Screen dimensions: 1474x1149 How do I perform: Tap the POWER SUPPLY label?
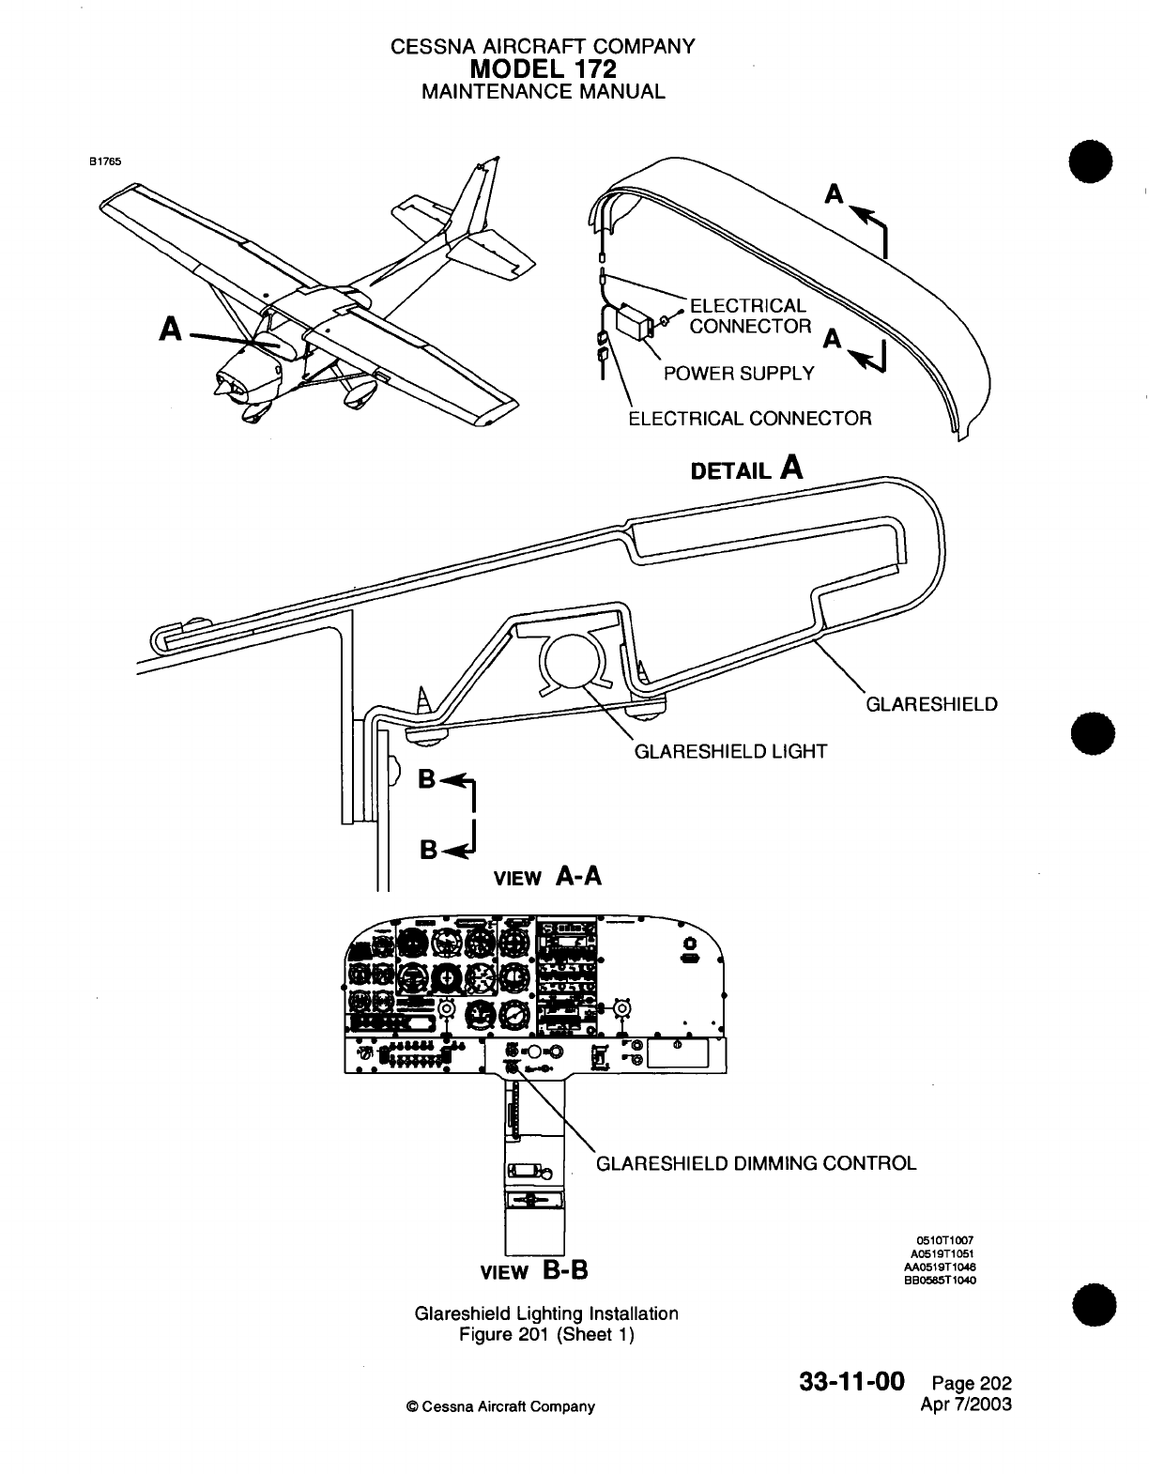pos(739,374)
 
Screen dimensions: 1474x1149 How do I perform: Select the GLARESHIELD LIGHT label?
pos(730,751)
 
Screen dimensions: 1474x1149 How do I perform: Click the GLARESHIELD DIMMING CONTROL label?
pos(757,1163)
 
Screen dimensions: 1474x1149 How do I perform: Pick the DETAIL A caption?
pos(746,468)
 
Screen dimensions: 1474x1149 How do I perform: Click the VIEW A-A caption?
pos(547,877)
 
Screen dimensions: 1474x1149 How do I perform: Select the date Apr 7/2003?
pos(968,1405)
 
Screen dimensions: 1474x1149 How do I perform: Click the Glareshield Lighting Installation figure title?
pos(546,1313)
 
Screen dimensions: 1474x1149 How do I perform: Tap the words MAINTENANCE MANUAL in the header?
pos(544,92)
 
